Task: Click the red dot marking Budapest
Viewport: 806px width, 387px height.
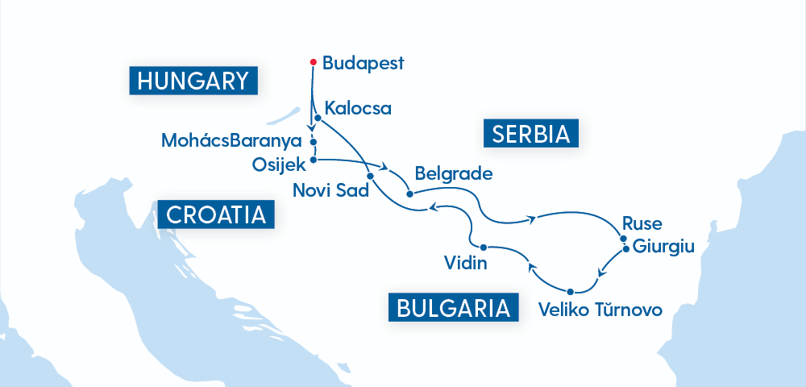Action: tap(313, 62)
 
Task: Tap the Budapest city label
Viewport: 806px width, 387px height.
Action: tap(362, 63)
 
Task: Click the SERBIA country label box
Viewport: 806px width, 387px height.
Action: tap(531, 132)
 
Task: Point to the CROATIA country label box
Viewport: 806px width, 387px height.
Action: tap(216, 215)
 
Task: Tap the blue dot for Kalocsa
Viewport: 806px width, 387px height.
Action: tap(318, 119)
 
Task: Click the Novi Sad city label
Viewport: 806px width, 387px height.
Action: tap(331, 191)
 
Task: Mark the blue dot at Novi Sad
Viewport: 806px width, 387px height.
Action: tap(370, 175)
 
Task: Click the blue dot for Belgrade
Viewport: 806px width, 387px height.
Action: tap(410, 193)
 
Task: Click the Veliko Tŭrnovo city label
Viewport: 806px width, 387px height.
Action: tap(600, 310)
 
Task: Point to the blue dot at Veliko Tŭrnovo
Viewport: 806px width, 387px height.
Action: tap(570, 291)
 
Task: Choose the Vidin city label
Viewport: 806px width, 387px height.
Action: tap(464, 263)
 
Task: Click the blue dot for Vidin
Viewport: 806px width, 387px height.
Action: tap(482, 247)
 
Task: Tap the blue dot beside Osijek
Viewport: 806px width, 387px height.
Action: tap(313, 160)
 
